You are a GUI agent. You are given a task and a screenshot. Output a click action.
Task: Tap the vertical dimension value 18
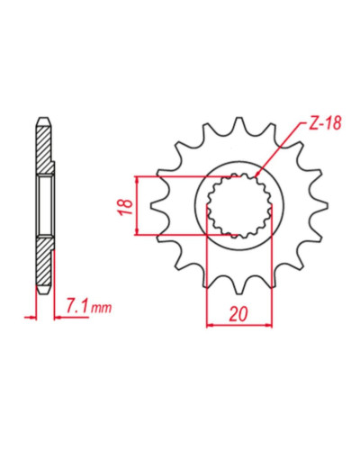click(x=127, y=207)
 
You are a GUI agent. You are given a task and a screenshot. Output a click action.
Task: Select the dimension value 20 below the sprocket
click(x=238, y=314)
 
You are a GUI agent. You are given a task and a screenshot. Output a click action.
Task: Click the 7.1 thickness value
click(x=77, y=307)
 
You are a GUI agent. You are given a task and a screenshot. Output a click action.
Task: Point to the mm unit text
click(x=101, y=308)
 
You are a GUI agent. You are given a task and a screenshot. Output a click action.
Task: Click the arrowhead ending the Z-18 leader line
click(x=256, y=174)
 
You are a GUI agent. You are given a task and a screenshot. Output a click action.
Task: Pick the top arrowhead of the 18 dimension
click(x=137, y=179)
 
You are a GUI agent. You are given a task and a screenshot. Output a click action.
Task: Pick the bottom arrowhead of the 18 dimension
click(x=137, y=231)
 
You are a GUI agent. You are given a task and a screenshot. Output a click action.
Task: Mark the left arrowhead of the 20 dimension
click(x=210, y=325)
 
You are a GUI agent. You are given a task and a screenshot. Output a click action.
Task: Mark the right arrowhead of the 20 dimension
click(x=268, y=325)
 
